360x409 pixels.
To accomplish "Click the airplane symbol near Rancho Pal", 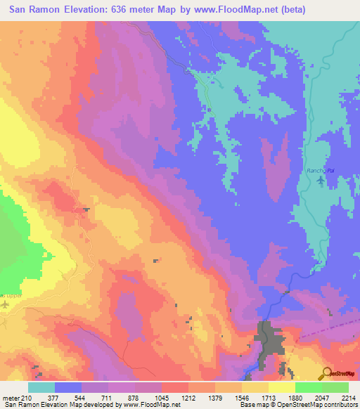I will point(321,181).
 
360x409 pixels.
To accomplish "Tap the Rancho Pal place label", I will point(319,171).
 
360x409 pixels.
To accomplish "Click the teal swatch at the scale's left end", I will point(41,387).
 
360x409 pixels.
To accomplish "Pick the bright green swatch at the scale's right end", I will point(335,387).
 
